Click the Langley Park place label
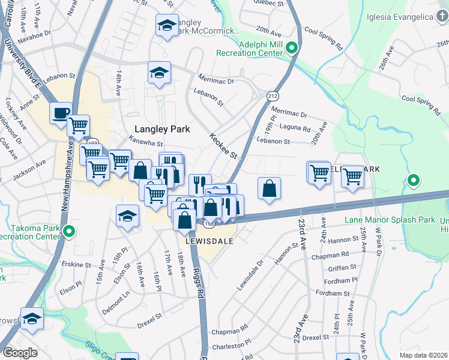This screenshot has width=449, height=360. tap(162, 129)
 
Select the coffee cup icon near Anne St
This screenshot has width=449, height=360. tap(61, 113)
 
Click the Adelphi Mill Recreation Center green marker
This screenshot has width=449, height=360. tap(291, 47)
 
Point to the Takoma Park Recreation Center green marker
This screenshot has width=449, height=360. tap(70, 230)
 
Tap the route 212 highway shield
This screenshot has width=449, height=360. tap(273, 96)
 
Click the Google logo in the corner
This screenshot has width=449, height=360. tap(20, 353)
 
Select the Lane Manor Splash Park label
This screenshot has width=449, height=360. tap(390, 220)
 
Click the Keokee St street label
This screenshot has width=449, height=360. tap(224, 146)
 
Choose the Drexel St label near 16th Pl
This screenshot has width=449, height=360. tap(150, 316)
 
